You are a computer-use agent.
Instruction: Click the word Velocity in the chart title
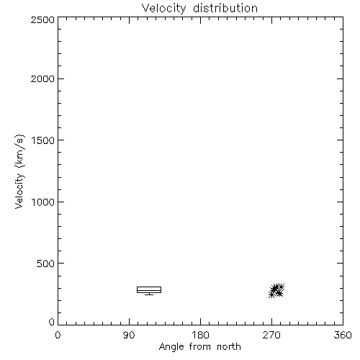point(164,9)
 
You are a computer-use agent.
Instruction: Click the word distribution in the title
point(225,8)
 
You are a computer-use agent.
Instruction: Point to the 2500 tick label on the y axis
point(43,19)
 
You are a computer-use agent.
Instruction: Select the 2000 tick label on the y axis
point(43,78)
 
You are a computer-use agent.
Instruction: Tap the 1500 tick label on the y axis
point(43,140)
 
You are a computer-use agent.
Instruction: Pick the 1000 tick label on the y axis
point(43,202)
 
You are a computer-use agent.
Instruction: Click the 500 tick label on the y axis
point(46,264)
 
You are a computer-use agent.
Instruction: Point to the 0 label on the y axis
point(52,322)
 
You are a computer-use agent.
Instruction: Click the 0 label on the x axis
point(58,335)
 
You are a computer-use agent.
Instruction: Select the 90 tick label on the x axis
point(129,335)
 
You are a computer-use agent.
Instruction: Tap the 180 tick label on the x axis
point(200,335)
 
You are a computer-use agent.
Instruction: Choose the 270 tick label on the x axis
point(271,335)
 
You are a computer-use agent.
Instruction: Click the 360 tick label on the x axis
point(343,335)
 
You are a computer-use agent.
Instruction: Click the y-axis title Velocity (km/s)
point(19,171)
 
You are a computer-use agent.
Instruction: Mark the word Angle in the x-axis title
point(171,347)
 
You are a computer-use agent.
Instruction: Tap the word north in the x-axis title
point(229,346)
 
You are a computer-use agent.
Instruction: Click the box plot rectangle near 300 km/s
point(149,287)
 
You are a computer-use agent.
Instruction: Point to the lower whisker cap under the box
point(149,294)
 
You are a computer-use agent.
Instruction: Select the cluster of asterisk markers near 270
point(276,291)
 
